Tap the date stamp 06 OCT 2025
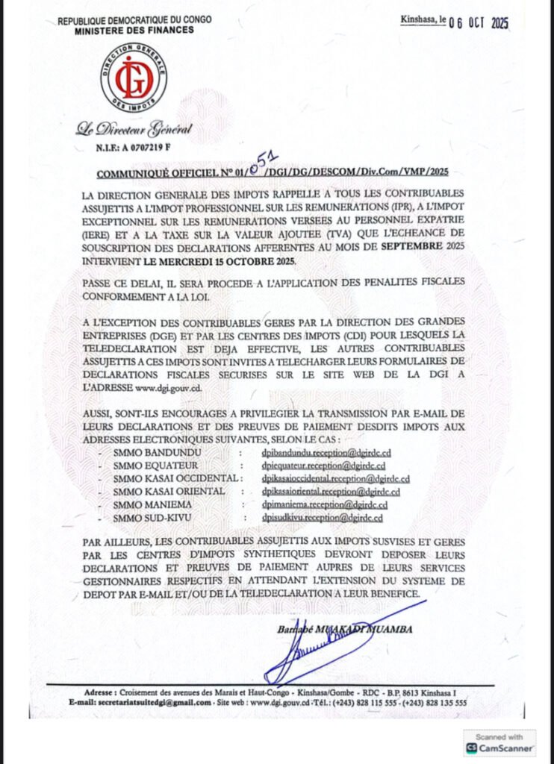coord(478,23)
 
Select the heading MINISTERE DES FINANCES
coord(134,31)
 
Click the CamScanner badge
coord(499,743)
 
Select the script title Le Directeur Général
coord(134,130)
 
